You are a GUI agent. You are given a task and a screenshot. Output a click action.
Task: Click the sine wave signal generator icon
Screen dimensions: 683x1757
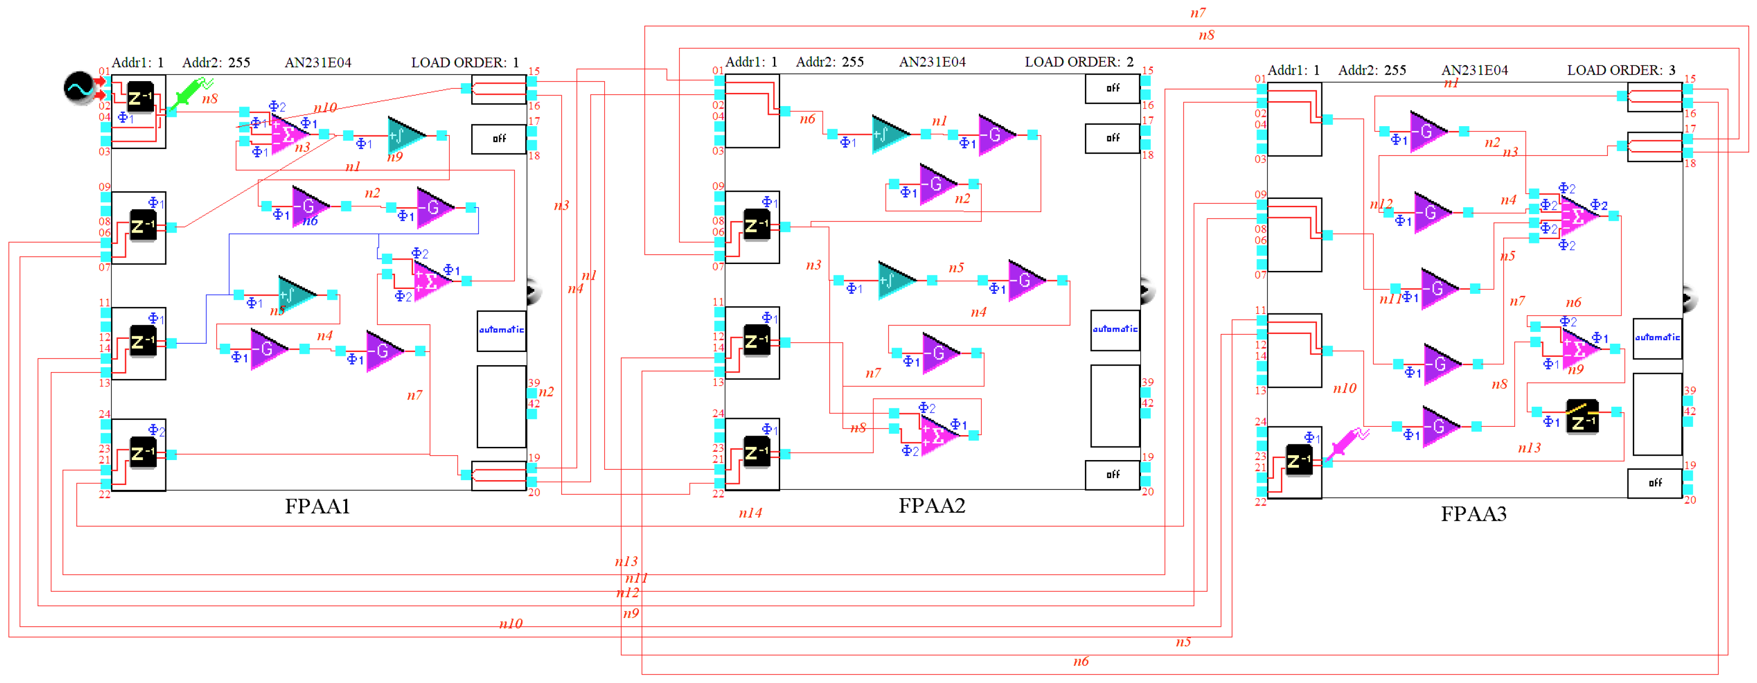pyautogui.click(x=79, y=88)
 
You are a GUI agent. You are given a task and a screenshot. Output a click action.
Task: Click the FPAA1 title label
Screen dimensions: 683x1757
pyautogui.click(x=317, y=507)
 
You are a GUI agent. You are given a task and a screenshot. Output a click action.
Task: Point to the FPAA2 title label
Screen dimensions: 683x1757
pyautogui.click(x=932, y=506)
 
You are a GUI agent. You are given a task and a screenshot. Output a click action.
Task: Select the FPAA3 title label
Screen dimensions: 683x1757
pyautogui.click(x=1473, y=514)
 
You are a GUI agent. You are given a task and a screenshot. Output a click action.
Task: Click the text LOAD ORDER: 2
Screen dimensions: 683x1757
pyautogui.click(x=1079, y=62)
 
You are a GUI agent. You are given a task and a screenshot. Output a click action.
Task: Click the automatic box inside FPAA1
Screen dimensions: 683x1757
pyautogui.click(x=501, y=330)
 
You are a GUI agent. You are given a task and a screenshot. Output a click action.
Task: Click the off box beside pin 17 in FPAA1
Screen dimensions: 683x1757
pyautogui.click(x=499, y=138)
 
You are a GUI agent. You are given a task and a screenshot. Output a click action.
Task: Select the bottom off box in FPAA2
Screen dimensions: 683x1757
pyautogui.click(x=1113, y=474)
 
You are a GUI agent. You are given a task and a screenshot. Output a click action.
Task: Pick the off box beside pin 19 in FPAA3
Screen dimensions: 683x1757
pyautogui.click(x=1655, y=483)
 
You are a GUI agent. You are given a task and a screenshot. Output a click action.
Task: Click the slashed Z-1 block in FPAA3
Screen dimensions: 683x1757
pyautogui.click(x=1581, y=416)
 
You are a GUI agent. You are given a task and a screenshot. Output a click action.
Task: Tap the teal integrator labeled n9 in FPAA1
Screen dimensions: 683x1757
pyautogui.click(x=406, y=135)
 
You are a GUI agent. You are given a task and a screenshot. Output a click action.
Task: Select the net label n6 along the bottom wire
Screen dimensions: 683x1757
pyautogui.click(x=1080, y=661)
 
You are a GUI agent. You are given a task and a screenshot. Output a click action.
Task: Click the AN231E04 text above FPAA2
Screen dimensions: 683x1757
pyautogui.click(x=932, y=62)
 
